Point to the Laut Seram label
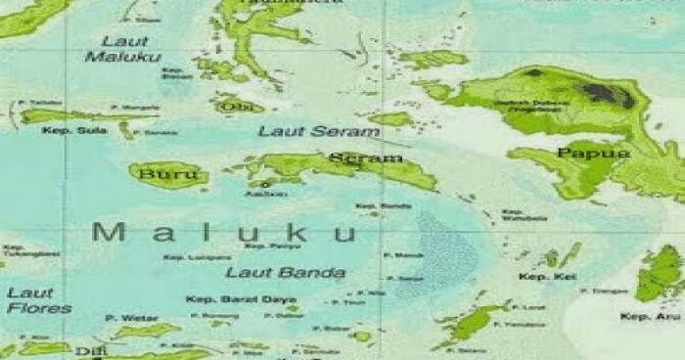304,130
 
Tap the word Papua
579,153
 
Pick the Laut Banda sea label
286,272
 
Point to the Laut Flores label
39,299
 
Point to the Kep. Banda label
370,205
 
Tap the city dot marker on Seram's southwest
264,183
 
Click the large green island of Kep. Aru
661,272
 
